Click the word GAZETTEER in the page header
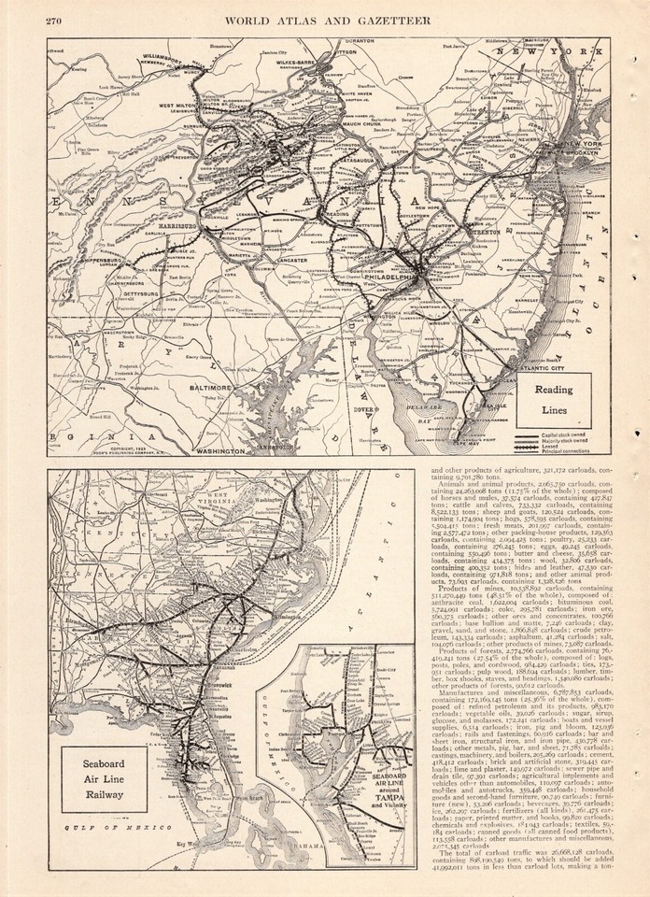(x=410, y=21)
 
